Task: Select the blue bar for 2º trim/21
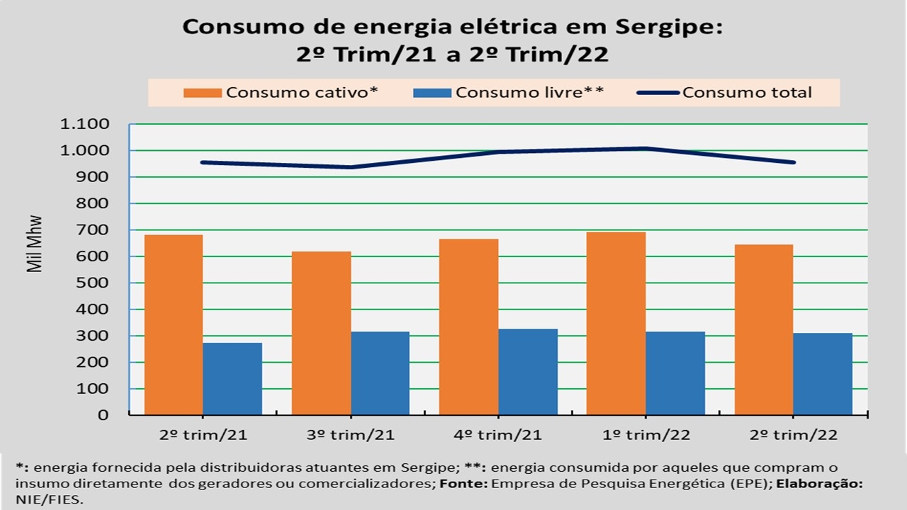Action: pyautogui.click(x=232, y=378)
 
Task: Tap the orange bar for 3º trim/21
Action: pyautogui.click(x=321, y=333)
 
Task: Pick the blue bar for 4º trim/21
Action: pyautogui.click(x=528, y=371)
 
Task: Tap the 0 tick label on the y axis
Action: pyautogui.click(x=104, y=416)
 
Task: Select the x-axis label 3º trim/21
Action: pyautogui.click(x=351, y=434)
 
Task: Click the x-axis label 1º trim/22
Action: pyautogui.click(x=646, y=434)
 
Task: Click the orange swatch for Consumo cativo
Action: pyautogui.click(x=203, y=93)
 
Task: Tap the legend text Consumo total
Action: pyautogui.click(x=747, y=93)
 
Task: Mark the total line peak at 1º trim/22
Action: pyautogui.click(x=646, y=148)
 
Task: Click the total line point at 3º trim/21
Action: pyautogui.click(x=351, y=167)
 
